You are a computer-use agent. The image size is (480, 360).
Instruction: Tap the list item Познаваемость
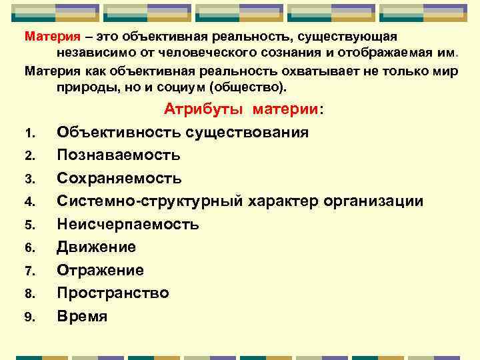click(118, 155)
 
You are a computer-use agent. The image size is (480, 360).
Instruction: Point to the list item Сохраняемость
click(119, 179)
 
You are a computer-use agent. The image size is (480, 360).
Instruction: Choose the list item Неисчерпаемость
click(127, 224)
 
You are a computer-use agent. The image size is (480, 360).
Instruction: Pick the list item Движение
click(96, 247)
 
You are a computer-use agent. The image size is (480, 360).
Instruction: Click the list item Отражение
click(100, 270)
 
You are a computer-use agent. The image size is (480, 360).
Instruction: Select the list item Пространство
click(113, 293)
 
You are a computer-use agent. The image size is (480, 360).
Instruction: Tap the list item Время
click(82, 316)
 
